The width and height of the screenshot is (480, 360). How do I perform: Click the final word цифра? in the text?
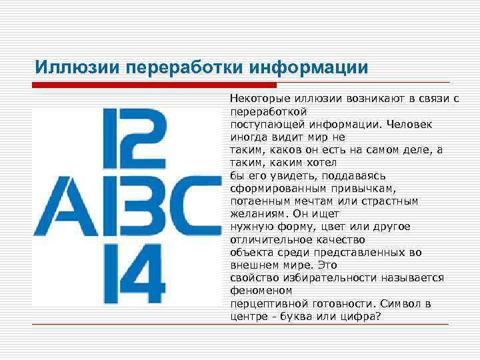363,316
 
